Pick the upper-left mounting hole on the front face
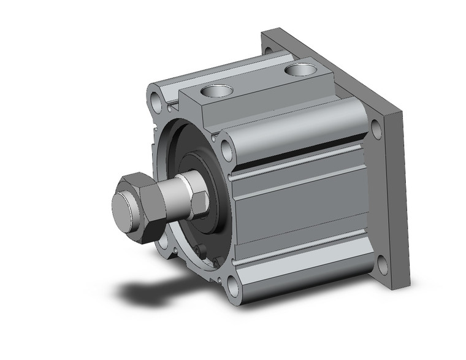(153, 98)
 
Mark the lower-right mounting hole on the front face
(234, 285)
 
